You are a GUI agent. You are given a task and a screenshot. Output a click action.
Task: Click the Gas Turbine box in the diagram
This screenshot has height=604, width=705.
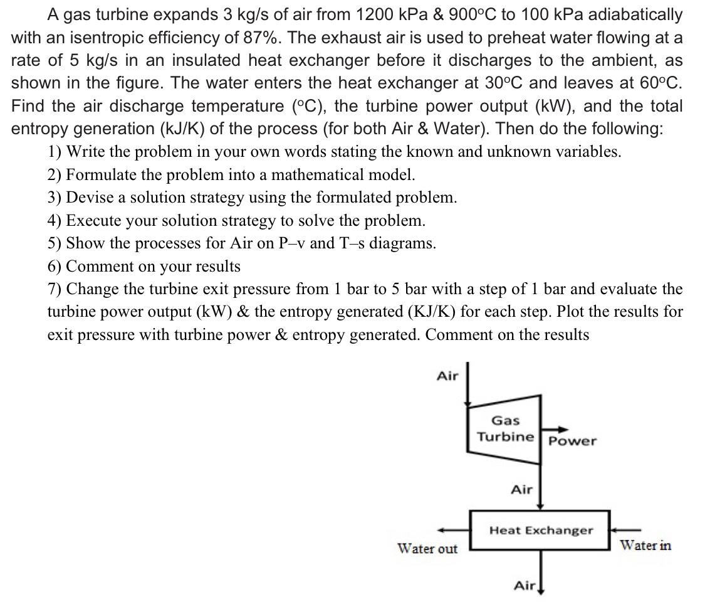504,429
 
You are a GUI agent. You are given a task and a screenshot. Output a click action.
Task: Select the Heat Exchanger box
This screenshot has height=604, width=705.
540,531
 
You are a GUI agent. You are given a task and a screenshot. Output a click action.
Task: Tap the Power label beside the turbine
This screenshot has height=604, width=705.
572,441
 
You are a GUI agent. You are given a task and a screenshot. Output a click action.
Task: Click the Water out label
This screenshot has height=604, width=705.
427,549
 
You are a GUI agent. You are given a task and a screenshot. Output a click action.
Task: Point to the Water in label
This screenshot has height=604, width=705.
645,546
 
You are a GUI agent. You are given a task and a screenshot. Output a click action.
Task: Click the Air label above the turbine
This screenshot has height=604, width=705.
447,376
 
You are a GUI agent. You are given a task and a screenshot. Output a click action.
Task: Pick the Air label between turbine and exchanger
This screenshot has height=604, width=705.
521,489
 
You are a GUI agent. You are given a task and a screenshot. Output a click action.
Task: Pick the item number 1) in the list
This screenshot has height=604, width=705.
55,152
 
